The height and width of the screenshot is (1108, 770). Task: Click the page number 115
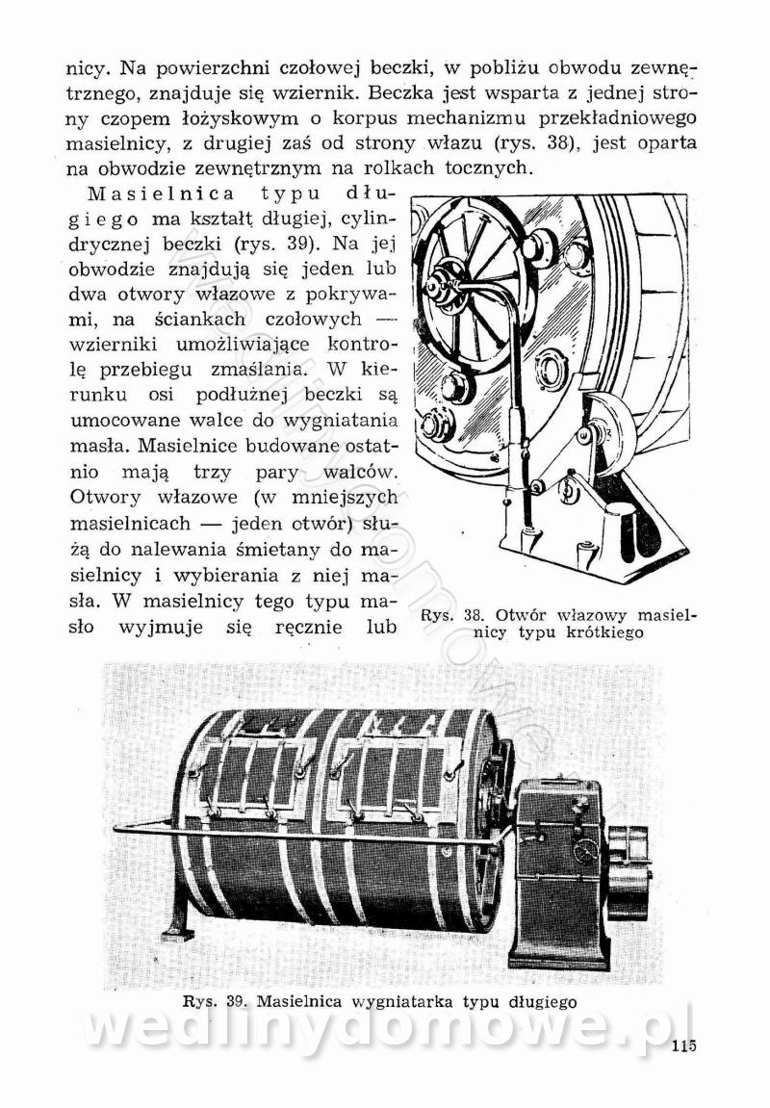(x=683, y=1047)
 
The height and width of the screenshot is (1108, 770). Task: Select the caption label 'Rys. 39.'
(x=215, y=1001)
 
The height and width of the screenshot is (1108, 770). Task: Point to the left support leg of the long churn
(x=182, y=906)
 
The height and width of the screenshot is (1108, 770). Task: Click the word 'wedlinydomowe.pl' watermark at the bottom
(x=385, y=1029)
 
